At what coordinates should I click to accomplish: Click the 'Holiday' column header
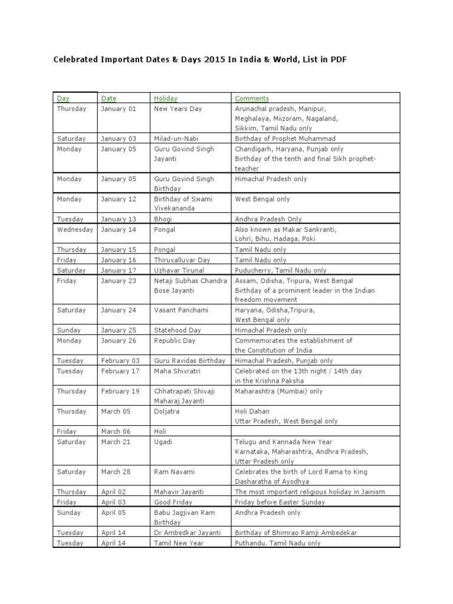pyautogui.click(x=166, y=99)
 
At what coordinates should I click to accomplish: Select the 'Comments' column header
pyautogui.click(x=252, y=99)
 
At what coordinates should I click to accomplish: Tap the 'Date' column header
pyautogui.click(x=109, y=99)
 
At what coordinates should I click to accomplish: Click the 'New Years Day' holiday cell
pyautogui.click(x=178, y=109)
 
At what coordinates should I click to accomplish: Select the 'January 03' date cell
pyautogui.click(x=119, y=139)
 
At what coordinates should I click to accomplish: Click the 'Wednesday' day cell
pyautogui.click(x=75, y=229)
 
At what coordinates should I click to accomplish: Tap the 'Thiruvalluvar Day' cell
pyautogui.click(x=182, y=260)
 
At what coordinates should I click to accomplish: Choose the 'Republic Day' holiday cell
pyautogui.click(x=176, y=341)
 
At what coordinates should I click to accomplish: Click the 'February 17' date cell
pyautogui.click(x=120, y=371)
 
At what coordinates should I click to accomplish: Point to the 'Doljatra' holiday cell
pyautogui.click(x=167, y=412)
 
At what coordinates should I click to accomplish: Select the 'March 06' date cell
pyautogui.click(x=116, y=432)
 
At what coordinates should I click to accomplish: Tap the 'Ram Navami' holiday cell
pyautogui.click(x=174, y=472)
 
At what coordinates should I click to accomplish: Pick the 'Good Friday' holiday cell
pyautogui.click(x=173, y=503)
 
